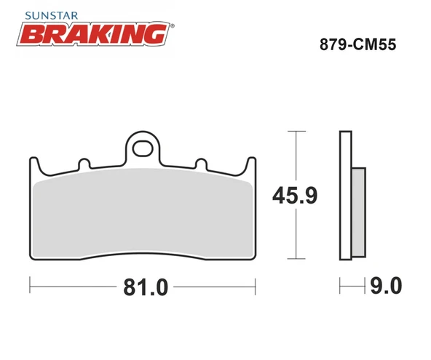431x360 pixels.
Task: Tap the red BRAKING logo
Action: (91, 33)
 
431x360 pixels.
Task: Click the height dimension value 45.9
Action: (293, 196)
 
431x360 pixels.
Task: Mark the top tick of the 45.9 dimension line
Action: (294, 132)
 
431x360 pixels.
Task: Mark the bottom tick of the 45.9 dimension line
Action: (294, 258)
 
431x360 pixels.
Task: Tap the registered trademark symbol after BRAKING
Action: (172, 25)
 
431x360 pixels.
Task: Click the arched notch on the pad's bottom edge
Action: (143, 255)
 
